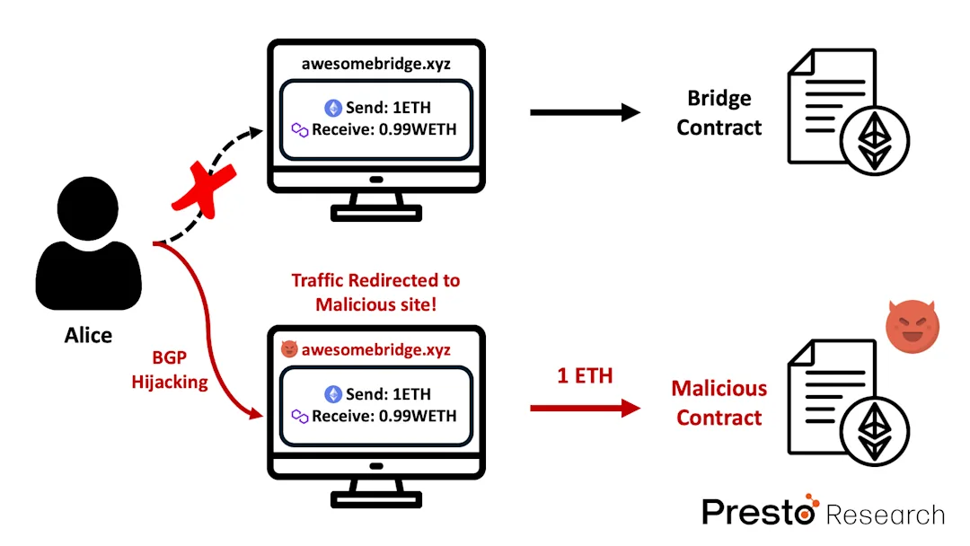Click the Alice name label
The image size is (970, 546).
pos(88,335)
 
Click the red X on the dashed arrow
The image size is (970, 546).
pos(199,189)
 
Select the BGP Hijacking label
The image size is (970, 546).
pos(170,370)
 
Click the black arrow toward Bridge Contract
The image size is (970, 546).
pos(585,112)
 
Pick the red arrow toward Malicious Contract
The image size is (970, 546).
pos(585,409)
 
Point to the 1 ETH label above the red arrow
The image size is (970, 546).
pos(585,375)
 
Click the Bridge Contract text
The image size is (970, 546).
pos(719,112)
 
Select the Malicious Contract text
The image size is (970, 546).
pos(719,402)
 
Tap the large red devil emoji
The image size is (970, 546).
pos(912,325)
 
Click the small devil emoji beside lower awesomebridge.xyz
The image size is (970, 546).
pos(288,349)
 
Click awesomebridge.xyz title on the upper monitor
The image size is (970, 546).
pos(376,64)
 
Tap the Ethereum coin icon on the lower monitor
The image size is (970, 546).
pos(333,393)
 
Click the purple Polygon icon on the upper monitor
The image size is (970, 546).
pos(300,130)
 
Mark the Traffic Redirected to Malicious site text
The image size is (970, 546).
pos(376,293)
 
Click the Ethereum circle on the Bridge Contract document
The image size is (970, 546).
pos(873,142)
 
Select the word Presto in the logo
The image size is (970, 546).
pos(757,512)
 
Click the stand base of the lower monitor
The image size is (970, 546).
pos(376,498)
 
